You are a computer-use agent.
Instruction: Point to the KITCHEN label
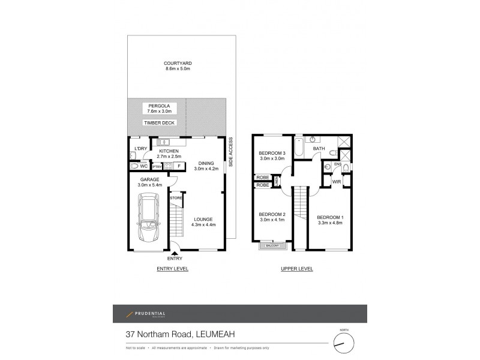169,151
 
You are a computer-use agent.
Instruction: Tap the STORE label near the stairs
176,197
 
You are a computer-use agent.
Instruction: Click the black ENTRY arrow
175,254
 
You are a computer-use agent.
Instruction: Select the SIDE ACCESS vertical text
230,153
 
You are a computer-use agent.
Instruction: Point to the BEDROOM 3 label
272,153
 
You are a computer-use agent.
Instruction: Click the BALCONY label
272,245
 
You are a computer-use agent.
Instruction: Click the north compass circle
344,344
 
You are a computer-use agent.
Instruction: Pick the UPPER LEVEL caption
297,269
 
